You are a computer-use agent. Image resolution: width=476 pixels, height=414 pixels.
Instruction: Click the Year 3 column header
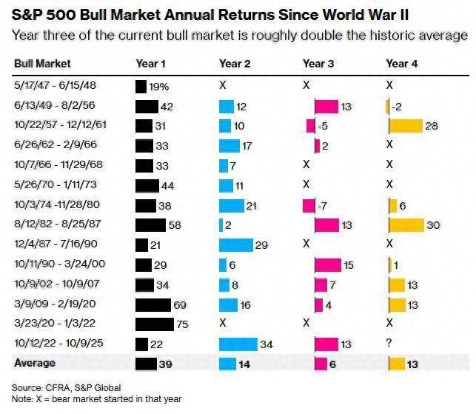point(318,64)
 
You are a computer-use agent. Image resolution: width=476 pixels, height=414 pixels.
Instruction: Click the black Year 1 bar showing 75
point(153,324)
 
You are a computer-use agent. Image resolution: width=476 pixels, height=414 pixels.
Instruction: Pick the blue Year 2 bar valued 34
point(238,344)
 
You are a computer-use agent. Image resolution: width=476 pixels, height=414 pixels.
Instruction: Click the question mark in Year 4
point(389,344)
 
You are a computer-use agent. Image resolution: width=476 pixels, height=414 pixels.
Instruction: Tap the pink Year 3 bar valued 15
point(328,264)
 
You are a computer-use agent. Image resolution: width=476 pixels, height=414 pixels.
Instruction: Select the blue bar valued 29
point(235,244)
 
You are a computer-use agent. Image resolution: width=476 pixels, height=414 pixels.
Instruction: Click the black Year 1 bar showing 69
point(152,304)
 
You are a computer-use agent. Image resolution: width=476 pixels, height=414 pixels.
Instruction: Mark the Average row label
point(35,364)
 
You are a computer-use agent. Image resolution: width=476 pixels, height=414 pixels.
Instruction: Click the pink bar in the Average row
point(321,364)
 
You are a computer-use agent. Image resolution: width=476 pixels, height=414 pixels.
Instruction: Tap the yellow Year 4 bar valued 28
point(405,126)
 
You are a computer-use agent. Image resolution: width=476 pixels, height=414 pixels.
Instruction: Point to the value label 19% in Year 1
point(158,87)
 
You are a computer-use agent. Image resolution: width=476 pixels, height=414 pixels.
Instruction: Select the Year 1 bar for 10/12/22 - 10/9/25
point(143,344)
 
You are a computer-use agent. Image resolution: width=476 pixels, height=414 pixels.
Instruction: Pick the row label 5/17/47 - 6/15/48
point(48,86)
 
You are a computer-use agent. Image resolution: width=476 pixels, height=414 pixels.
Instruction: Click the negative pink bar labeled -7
point(308,205)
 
